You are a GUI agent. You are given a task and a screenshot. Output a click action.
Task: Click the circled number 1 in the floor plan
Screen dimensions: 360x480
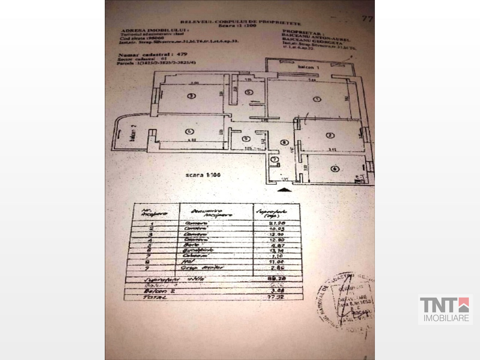point(317,99)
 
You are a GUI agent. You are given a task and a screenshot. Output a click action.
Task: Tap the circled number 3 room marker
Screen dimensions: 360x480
point(191,96)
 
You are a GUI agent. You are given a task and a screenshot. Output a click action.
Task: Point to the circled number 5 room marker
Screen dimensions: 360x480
point(249,92)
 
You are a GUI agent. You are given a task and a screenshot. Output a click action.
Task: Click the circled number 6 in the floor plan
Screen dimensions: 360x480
point(334,169)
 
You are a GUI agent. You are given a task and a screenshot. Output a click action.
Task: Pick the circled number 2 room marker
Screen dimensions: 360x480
point(330,135)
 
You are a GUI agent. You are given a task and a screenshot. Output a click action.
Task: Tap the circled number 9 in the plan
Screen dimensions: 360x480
point(246,139)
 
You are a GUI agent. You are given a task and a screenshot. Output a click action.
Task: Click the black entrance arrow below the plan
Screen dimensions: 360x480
point(284,190)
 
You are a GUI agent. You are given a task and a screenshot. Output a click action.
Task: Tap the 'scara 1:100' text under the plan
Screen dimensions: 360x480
point(203,175)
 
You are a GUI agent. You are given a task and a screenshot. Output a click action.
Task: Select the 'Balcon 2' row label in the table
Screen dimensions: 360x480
point(155,291)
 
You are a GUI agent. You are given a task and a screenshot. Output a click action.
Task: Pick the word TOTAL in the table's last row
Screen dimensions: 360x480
point(155,297)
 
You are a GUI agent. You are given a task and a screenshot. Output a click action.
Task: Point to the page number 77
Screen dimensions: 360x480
point(367,19)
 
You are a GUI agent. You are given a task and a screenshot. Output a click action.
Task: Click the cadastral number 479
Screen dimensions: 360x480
point(182,54)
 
